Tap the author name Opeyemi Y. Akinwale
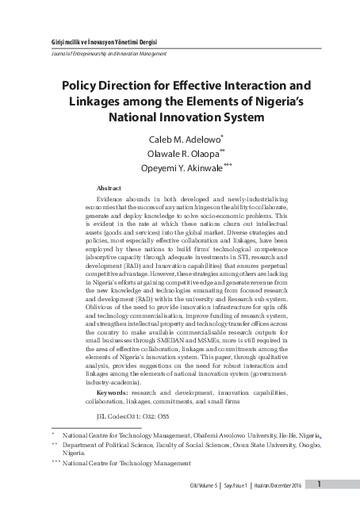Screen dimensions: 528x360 (177, 169)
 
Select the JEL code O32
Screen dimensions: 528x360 (140, 415)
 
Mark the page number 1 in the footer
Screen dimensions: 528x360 (319, 484)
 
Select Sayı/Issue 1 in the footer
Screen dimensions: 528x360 (240, 484)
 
